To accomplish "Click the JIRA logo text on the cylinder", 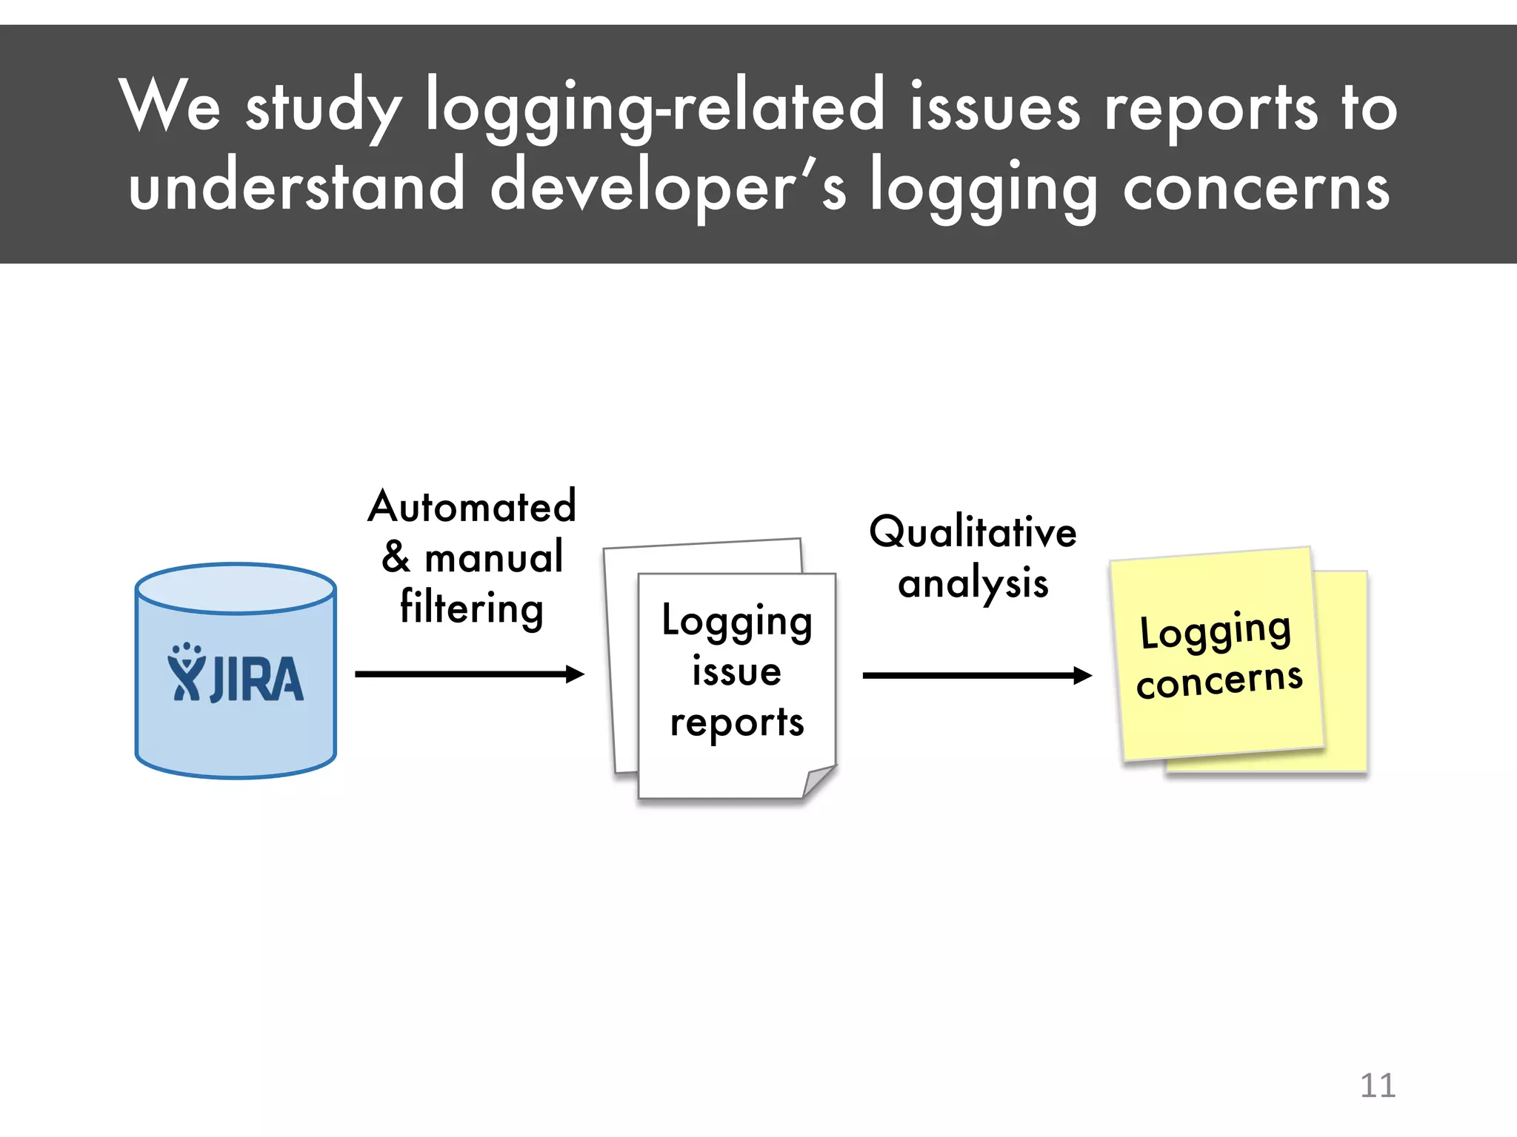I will (x=256, y=680).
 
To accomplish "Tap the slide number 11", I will (x=1377, y=1086).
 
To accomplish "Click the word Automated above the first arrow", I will (x=472, y=507).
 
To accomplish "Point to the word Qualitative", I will (x=973, y=532).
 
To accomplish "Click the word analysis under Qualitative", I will (x=973, y=583).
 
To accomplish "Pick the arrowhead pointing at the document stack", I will (x=575, y=674).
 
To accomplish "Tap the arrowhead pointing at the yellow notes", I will (x=1082, y=675).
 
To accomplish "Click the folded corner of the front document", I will (x=818, y=781).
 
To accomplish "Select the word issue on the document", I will (x=736, y=671).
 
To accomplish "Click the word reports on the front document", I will (x=736, y=722).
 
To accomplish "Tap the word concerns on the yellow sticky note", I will (x=1219, y=680).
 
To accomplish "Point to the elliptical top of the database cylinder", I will (x=236, y=589).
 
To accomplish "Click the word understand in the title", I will (x=296, y=185).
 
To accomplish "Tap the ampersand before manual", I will (x=396, y=557).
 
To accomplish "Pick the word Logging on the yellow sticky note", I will (x=1215, y=631).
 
